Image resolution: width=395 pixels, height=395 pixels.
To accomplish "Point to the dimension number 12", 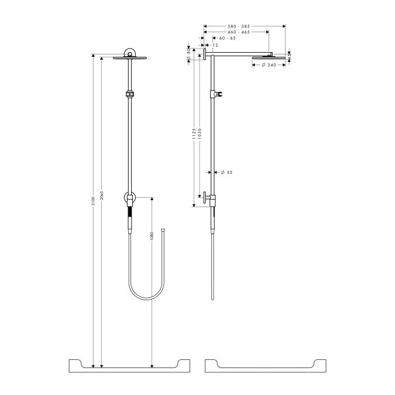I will (x=215, y=45).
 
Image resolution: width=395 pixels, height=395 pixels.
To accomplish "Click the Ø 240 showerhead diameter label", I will (x=268, y=65).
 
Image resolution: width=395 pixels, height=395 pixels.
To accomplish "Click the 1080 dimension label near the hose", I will (x=152, y=238).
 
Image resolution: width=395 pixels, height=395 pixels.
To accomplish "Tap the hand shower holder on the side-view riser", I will (x=219, y=94).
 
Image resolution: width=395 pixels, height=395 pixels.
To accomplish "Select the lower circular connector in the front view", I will (x=129, y=198).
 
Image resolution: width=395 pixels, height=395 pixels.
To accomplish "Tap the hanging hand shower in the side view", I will (x=213, y=222).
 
